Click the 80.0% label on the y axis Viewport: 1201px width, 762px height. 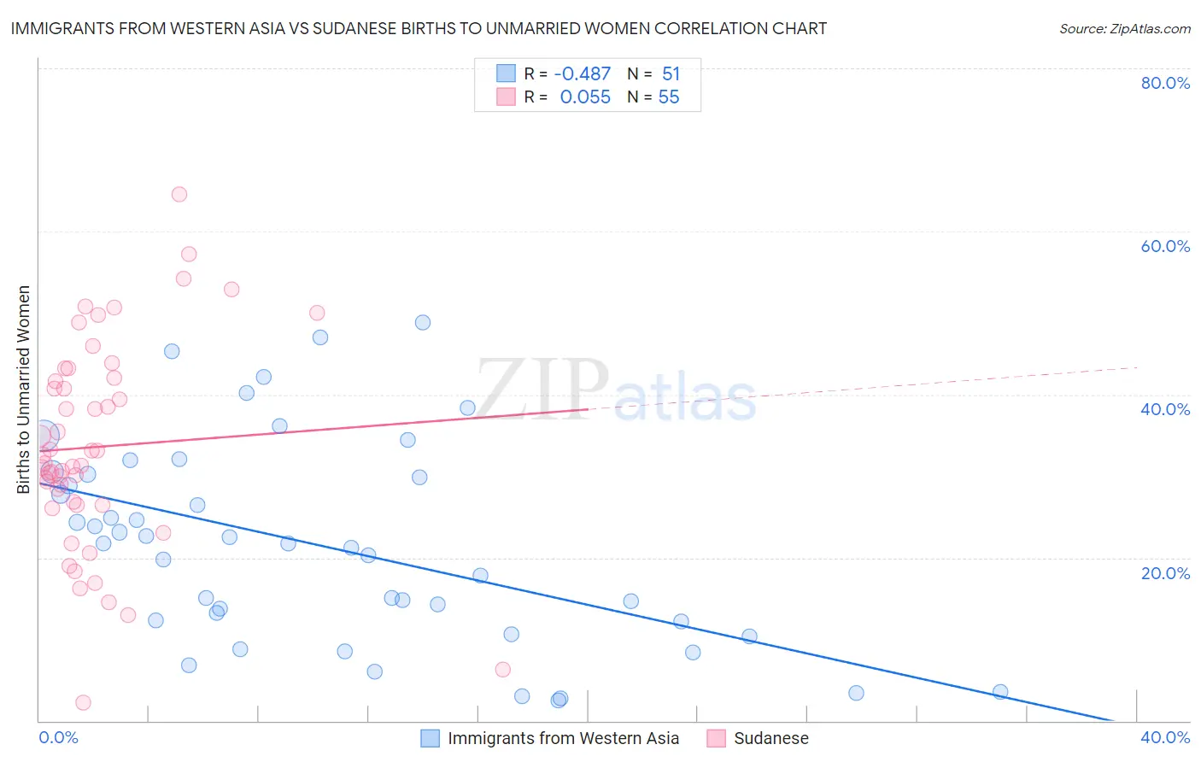click(1165, 83)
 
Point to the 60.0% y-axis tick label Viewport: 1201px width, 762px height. click(1165, 246)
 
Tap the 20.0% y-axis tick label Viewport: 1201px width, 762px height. click(1165, 572)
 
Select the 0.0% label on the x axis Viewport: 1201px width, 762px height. click(58, 737)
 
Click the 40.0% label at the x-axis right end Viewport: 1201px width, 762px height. click(1165, 737)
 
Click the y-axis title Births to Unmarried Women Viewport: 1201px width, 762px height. click(24, 390)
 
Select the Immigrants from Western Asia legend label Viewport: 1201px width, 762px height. click(563, 738)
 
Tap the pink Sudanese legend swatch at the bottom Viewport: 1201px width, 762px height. click(716, 738)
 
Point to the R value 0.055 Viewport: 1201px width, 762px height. click(585, 97)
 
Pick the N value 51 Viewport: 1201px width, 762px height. click(671, 74)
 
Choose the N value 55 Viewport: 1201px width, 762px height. click(669, 97)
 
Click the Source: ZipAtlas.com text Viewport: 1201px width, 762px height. click(1124, 29)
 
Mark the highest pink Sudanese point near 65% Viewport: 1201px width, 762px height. click(179, 194)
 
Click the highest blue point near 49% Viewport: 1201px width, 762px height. click(423, 322)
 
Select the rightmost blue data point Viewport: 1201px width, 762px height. click(1000, 692)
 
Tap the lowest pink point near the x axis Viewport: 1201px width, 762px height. click(83, 702)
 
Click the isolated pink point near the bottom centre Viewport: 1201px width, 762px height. click(502, 670)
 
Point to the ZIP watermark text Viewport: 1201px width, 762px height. click(542, 390)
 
